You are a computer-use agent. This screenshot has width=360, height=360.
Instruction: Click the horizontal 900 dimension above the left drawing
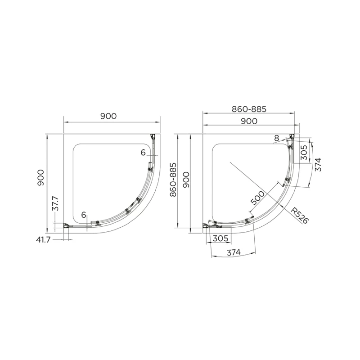tap(108, 116)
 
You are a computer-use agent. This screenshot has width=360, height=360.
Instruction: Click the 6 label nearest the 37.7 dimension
tap(84, 215)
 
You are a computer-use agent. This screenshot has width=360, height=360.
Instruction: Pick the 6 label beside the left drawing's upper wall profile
tap(143, 153)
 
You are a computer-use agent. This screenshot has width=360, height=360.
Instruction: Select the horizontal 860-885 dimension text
tap(249, 109)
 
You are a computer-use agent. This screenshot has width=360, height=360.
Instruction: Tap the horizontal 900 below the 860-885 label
tap(249, 121)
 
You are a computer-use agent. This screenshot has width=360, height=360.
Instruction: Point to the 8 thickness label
tap(276, 138)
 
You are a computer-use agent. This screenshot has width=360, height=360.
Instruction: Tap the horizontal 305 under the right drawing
tap(220, 238)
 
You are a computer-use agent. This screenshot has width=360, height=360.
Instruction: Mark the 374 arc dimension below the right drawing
tap(233, 253)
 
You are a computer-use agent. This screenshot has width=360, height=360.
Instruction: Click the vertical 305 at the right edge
tap(303, 155)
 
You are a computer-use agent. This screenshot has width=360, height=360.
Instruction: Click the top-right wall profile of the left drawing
tap(153, 136)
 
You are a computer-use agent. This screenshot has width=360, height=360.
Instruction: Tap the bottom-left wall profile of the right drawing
tap(207, 225)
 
